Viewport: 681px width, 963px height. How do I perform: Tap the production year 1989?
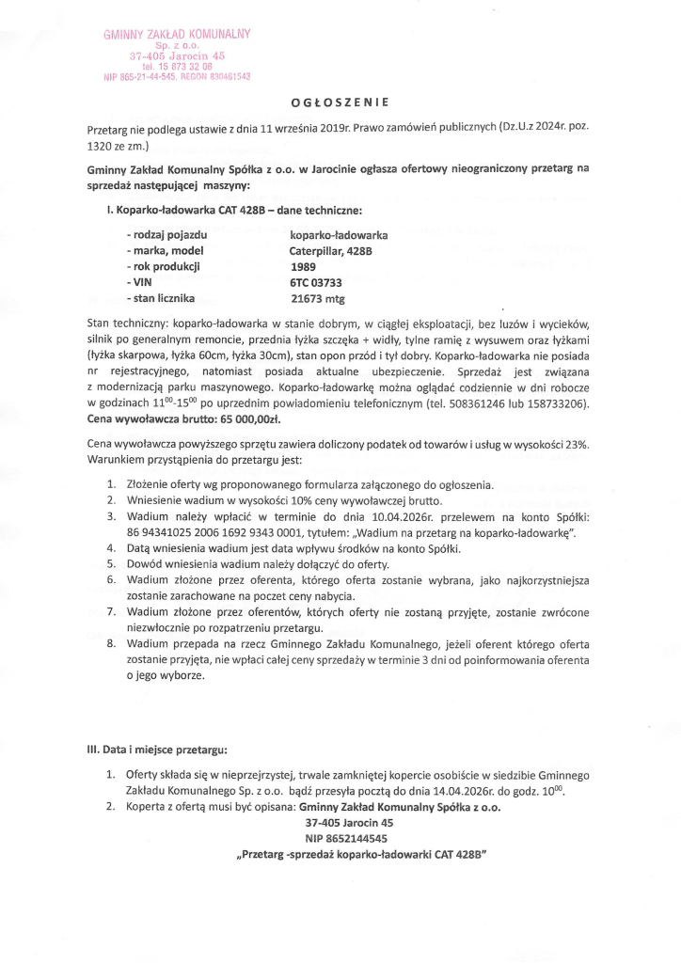pyautogui.click(x=303, y=266)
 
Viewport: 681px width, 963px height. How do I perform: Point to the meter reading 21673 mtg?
pyautogui.click(x=322, y=299)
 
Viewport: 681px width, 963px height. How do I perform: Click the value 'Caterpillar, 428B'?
pyautogui.click(x=330, y=250)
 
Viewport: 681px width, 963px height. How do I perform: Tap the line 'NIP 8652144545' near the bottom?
pyautogui.click(x=345, y=838)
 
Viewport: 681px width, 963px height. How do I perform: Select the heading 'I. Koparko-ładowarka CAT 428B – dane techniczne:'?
pyautogui.click(x=234, y=210)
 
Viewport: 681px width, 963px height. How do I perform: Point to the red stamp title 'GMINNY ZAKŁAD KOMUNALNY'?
pyautogui.click(x=178, y=35)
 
